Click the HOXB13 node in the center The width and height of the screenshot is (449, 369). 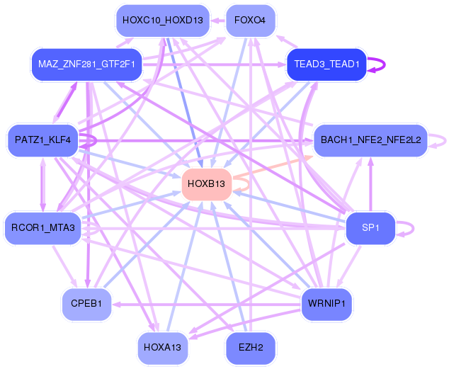(207, 184)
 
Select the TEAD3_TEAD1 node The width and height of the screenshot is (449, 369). (326, 64)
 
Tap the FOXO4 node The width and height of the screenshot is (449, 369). (249, 20)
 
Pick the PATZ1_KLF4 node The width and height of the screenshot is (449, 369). (42, 140)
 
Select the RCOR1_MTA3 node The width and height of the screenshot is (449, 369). (42, 227)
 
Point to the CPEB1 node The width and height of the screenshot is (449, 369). (86, 304)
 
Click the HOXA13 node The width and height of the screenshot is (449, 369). (162, 348)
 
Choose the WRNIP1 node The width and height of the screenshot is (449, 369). (326, 304)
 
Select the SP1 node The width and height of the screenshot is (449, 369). (370, 227)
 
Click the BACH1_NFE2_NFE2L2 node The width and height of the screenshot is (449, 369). (370, 140)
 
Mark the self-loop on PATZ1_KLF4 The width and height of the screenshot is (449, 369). (95, 140)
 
